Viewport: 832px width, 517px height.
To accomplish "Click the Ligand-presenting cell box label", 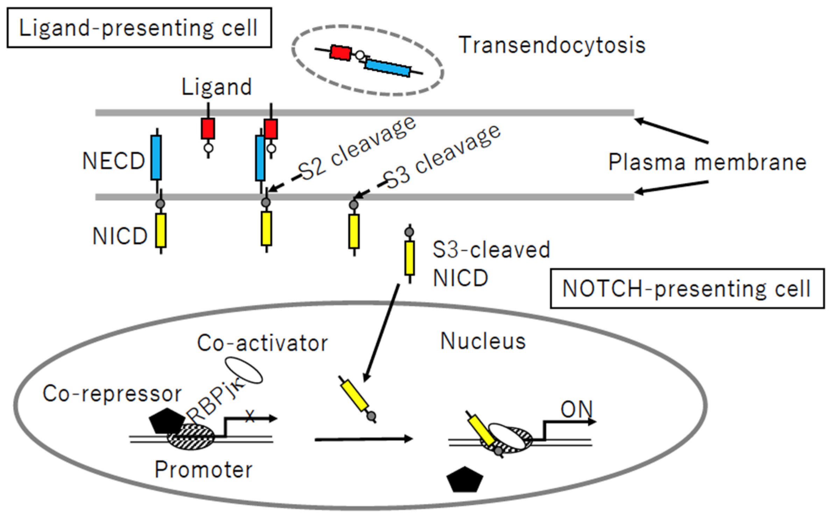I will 139,28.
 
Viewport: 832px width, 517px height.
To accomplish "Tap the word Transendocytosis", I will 552,45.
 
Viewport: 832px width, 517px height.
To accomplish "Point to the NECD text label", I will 113,161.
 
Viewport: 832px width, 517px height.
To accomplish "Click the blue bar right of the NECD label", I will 156,158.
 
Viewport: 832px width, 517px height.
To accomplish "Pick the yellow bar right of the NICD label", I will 161,230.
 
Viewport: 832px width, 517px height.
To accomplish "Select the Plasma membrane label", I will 707,162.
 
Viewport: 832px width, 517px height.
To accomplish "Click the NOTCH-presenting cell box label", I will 687,289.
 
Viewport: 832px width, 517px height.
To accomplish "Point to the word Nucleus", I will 483,341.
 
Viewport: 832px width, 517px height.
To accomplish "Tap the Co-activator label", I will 262,343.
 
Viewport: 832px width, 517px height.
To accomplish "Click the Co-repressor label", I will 112,394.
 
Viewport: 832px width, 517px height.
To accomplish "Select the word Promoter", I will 203,469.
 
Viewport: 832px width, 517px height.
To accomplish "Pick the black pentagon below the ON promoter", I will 465,480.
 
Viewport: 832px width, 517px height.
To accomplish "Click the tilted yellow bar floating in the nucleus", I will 354,396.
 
